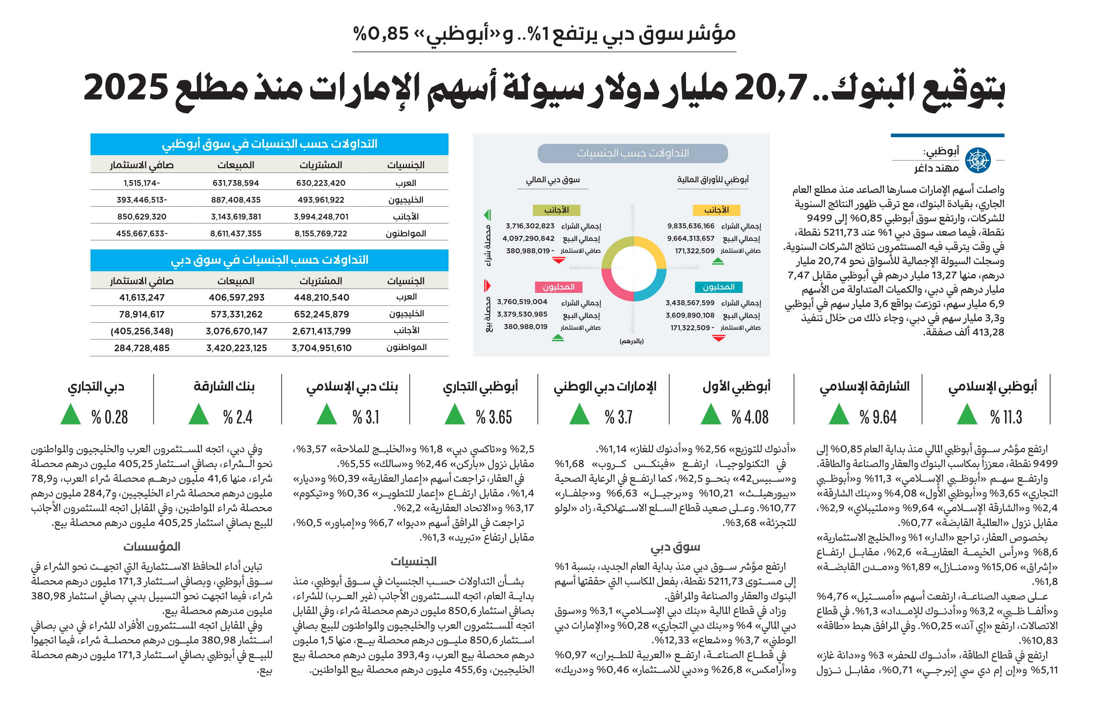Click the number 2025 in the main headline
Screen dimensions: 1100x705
point(125,88)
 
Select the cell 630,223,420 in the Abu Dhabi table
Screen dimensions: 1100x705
point(321,183)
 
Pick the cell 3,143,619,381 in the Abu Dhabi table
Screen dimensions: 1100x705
point(236,216)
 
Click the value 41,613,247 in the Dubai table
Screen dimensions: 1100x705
point(142,298)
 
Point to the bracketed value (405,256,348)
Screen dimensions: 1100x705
point(142,331)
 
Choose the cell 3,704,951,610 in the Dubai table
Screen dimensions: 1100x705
point(322,348)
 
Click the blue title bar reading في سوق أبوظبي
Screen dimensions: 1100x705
point(269,144)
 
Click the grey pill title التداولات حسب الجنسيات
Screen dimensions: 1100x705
point(633,153)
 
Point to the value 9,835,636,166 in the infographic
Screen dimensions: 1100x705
point(691,226)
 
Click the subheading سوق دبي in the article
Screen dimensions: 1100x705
point(675,547)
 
